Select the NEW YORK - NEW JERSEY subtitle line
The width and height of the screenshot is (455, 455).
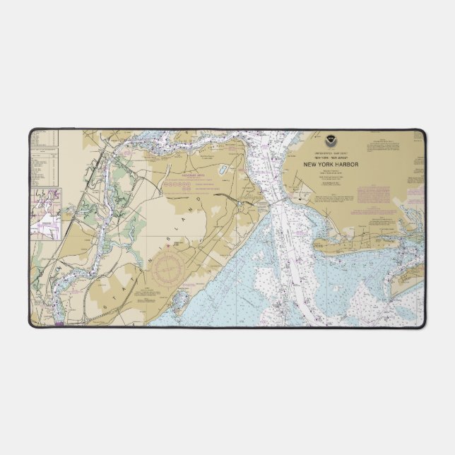[332, 158]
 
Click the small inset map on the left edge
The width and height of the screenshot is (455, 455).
[45, 213]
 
